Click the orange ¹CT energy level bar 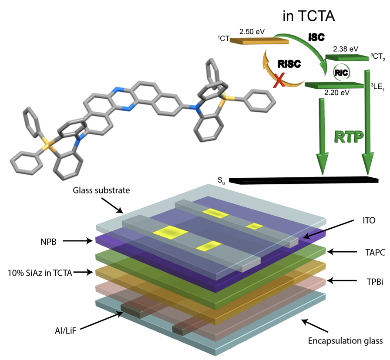click(259, 41)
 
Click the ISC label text click(316, 37)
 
